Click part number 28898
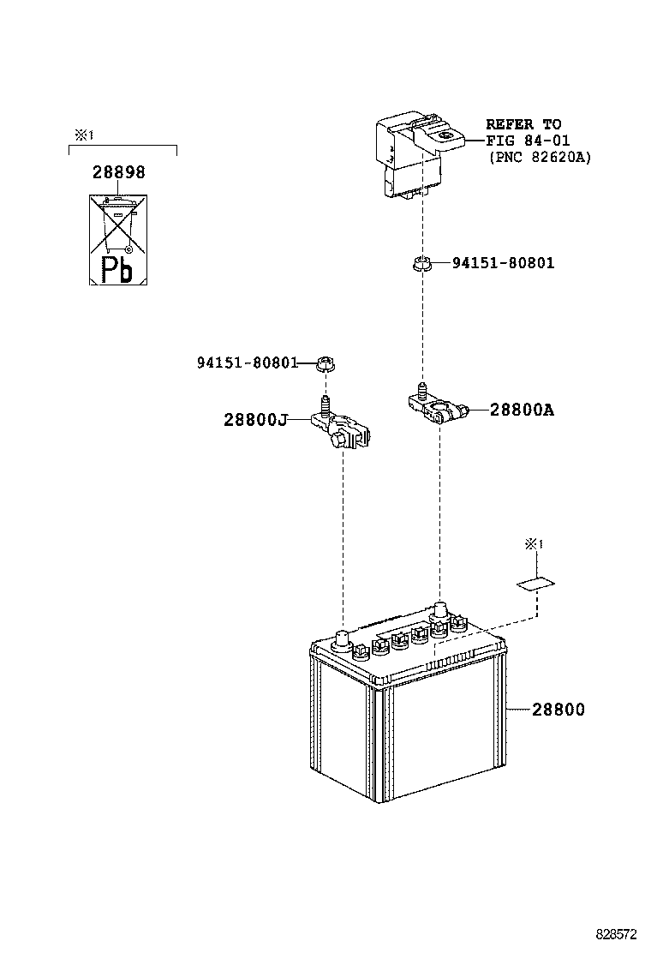(x=118, y=172)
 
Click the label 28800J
(x=254, y=420)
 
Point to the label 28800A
(x=522, y=411)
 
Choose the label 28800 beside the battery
(x=558, y=710)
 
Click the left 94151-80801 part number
(x=247, y=363)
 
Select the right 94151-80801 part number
(x=503, y=263)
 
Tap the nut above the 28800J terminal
(x=325, y=363)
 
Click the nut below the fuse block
(x=421, y=264)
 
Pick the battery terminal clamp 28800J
(x=343, y=431)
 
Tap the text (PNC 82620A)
(x=539, y=157)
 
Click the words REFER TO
(x=523, y=124)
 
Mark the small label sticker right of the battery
(x=535, y=585)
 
